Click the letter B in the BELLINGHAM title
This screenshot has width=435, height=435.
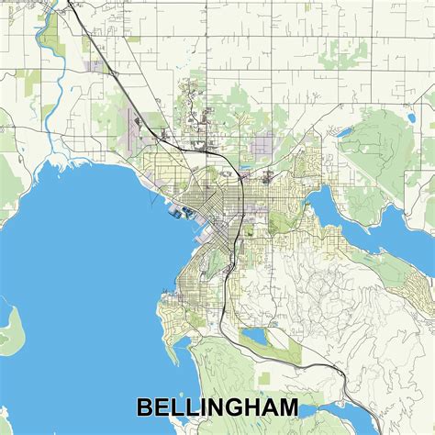(x=145, y=407)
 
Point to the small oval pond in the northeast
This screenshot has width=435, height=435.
(x=344, y=132)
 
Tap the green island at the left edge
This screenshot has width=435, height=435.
(x=7, y=326)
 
